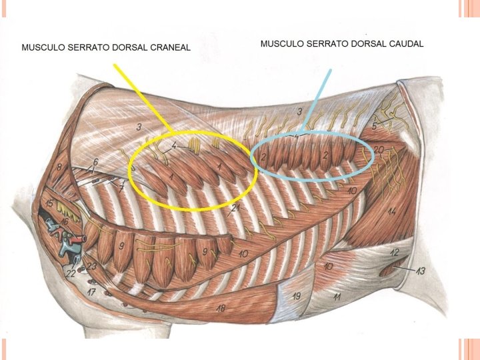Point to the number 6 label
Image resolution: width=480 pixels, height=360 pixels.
[x=95, y=162]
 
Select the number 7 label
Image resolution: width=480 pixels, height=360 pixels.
[x=121, y=189]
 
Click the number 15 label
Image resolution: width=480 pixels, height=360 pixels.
[x=49, y=203]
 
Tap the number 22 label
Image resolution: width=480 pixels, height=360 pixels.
[x=70, y=274]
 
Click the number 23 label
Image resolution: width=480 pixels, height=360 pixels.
[x=92, y=267]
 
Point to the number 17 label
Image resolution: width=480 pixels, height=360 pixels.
[x=91, y=292]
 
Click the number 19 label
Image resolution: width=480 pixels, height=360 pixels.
[x=297, y=296]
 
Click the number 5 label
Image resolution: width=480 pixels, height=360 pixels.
[x=375, y=126]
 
